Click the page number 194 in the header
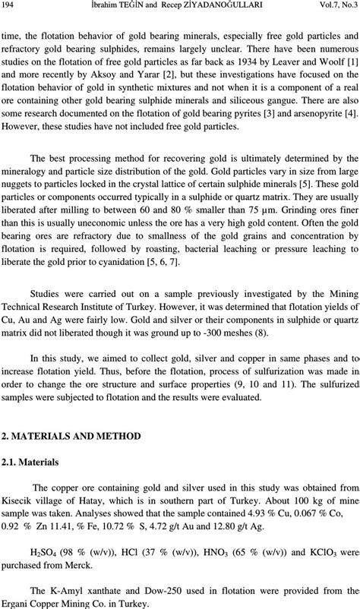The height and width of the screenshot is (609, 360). pos(11,5)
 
